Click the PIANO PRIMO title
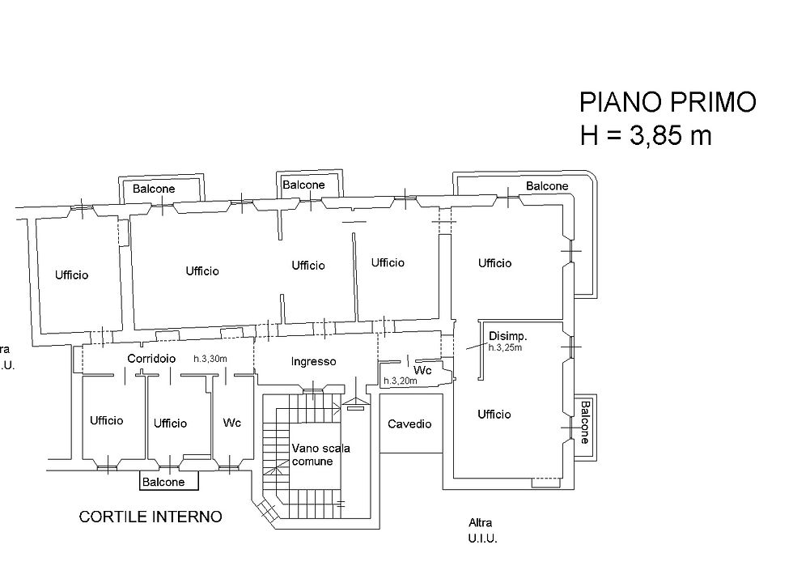coord(668,102)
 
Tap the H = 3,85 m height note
coord(646,135)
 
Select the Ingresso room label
coord(314,361)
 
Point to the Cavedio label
coord(409,423)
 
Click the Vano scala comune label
coord(320,454)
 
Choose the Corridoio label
coord(151,359)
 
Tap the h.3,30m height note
coord(210,359)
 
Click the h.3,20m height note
coord(401,381)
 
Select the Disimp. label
coord(508,336)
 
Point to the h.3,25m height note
coord(505,348)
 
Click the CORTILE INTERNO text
coord(151,517)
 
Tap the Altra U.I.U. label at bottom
coord(482,530)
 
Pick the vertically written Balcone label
coord(585,422)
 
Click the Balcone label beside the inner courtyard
coord(163,482)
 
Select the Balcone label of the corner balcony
coord(547,185)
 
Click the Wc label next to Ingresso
coord(422,370)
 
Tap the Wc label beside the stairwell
coord(232,422)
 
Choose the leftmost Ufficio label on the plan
coord(72,274)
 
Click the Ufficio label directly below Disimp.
coord(494,415)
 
